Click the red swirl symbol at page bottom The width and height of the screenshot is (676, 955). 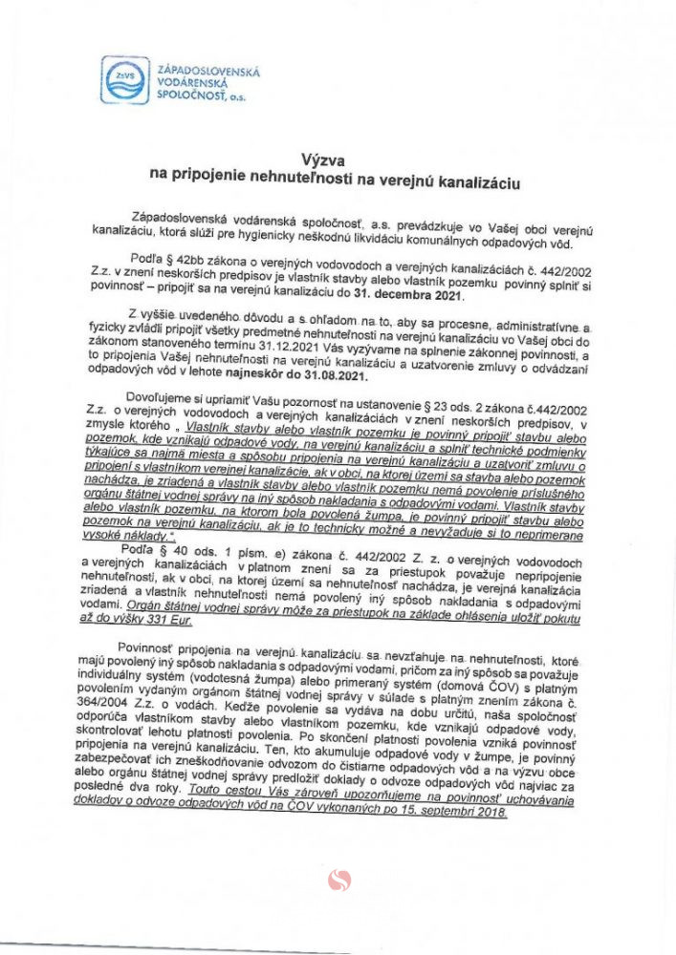tap(339, 880)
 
